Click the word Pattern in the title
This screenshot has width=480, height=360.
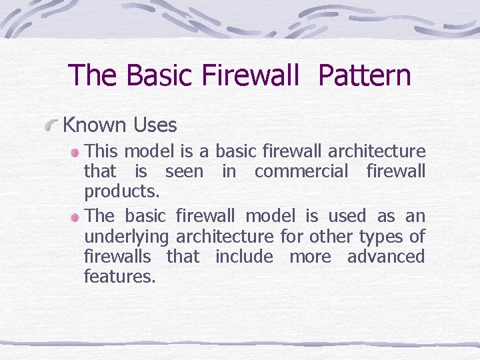(365, 75)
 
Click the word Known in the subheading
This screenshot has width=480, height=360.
(94, 125)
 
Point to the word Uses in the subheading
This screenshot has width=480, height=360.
(155, 125)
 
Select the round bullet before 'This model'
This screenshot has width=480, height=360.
(77, 152)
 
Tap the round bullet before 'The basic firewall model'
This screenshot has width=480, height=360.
(77, 217)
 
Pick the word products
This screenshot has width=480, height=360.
(122, 192)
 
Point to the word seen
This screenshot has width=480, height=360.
(184, 171)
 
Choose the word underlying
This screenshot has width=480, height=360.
(125, 237)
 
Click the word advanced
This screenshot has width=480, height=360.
(386, 256)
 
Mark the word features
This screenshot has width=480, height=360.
(120, 276)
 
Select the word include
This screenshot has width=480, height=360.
(244, 256)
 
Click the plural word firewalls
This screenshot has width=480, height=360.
(118, 256)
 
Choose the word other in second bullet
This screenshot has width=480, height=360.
(332, 236)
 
